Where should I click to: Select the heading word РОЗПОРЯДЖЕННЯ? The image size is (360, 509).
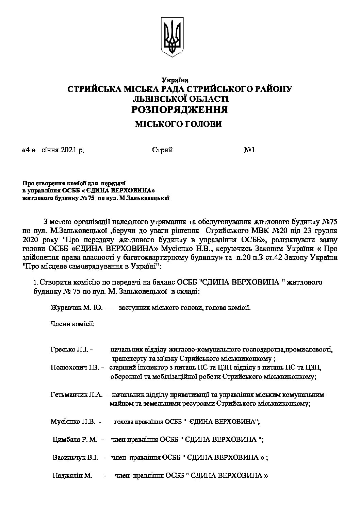[x=180, y=110]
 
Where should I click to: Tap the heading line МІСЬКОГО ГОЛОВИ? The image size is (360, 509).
[x=179, y=124]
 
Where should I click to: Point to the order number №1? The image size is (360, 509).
[x=249, y=150]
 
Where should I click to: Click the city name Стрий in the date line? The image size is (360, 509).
[x=163, y=150]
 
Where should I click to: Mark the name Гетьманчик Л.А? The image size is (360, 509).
[x=76, y=395]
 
